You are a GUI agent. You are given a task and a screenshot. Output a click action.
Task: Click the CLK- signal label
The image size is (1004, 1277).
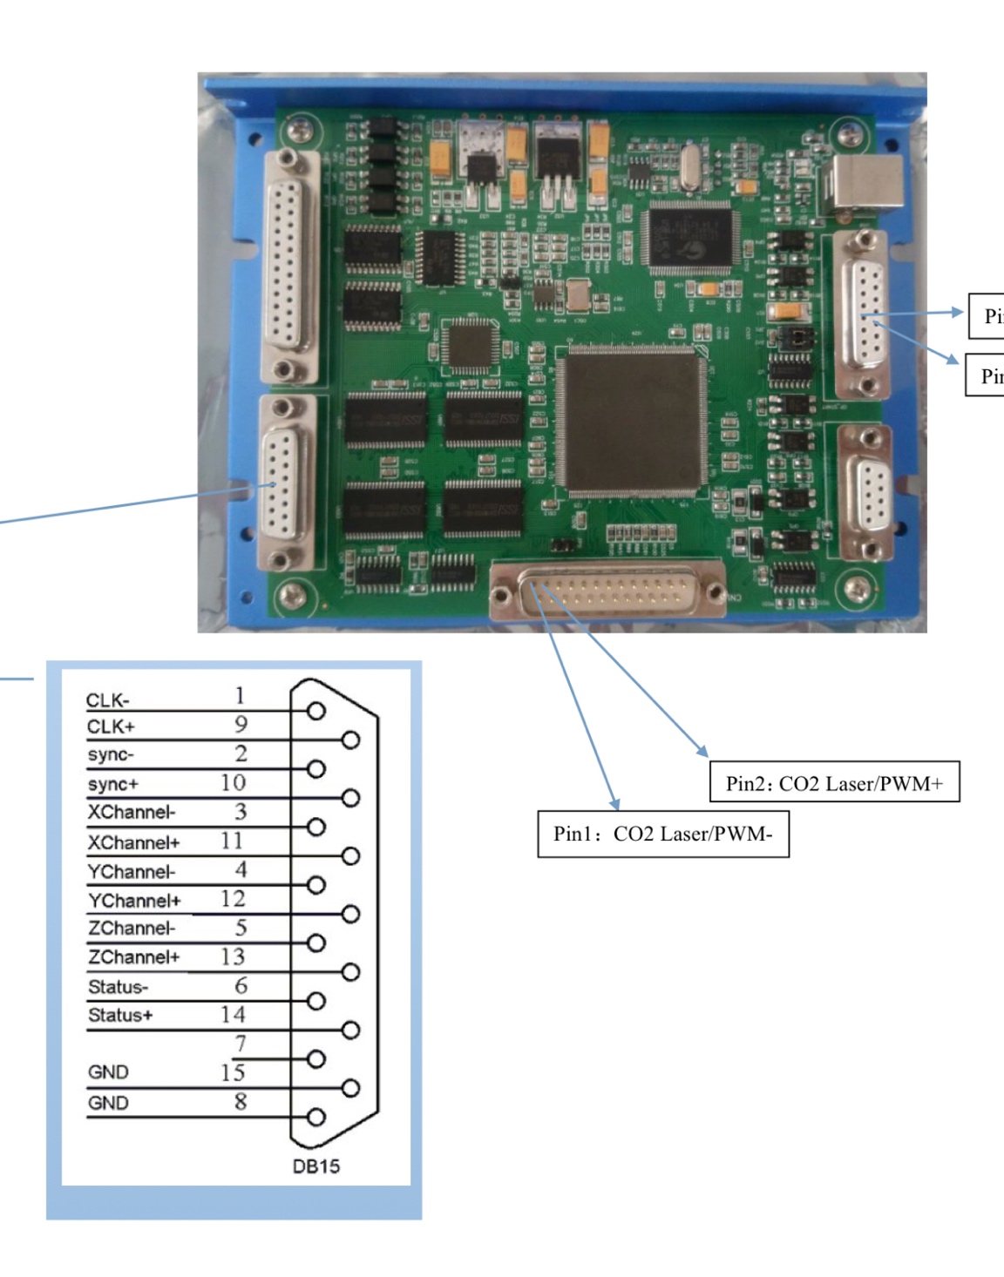coord(107,700)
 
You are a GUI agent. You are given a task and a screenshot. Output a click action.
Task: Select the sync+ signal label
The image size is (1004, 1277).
coord(112,784)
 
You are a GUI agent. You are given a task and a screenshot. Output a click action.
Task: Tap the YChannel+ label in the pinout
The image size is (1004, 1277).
coord(134,900)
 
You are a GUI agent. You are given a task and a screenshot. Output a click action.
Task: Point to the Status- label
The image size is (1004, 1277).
coord(118,987)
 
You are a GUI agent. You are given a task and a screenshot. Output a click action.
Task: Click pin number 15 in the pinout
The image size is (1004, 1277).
coord(233,1072)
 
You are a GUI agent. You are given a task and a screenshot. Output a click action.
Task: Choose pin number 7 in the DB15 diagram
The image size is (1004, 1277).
coord(241,1044)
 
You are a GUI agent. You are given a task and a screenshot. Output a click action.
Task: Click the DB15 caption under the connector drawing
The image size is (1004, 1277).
coord(315,1166)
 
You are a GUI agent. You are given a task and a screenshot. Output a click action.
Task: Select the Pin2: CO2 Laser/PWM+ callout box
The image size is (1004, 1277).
coord(835,783)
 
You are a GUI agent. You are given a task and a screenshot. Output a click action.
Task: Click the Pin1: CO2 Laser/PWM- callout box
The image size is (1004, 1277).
coord(662,834)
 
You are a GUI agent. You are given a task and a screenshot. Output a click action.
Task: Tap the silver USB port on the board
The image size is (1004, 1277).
coord(865,186)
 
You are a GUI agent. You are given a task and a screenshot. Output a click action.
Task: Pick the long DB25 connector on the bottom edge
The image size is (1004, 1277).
coord(607,591)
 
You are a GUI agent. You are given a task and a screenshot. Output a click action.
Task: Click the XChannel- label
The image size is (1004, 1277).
coord(131,813)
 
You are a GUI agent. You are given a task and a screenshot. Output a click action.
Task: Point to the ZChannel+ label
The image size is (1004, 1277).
coord(133,957)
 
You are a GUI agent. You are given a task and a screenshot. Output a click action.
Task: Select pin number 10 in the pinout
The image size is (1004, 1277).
coord(233,782)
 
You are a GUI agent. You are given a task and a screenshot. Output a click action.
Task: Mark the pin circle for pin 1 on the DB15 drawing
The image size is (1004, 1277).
coord(316,711)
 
